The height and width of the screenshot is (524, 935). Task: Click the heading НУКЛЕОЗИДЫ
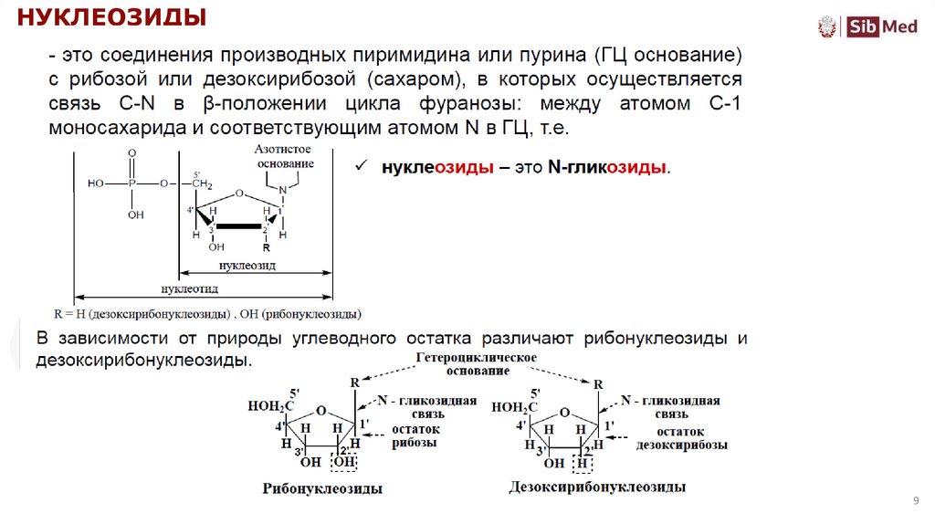pos(114,17)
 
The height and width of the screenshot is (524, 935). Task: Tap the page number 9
pos(915,501)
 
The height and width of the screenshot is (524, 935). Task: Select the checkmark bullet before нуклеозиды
pos(361,168)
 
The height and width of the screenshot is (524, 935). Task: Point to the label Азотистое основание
pos(285,155)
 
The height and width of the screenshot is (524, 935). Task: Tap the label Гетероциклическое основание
pos(476,364)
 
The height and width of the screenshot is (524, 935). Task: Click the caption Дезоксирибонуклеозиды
pos(597,487)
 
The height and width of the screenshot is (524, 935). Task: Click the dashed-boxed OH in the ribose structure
pos(344,463)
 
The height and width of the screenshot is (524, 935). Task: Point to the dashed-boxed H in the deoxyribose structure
pos(582,463)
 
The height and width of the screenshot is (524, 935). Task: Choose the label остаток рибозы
pos(415,435)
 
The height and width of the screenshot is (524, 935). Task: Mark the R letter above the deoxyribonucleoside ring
pos(598,385)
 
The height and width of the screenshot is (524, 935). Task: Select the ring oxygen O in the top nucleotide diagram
pos(238,193)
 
